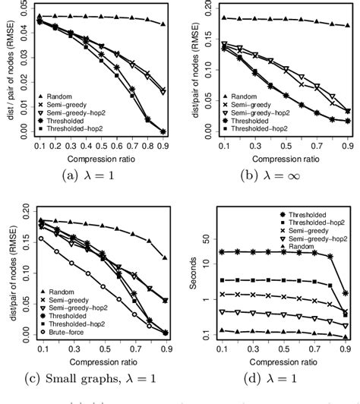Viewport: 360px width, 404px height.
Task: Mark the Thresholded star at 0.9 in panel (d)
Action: coord(346,292)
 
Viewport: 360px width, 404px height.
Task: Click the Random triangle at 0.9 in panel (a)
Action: coord(163,24)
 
